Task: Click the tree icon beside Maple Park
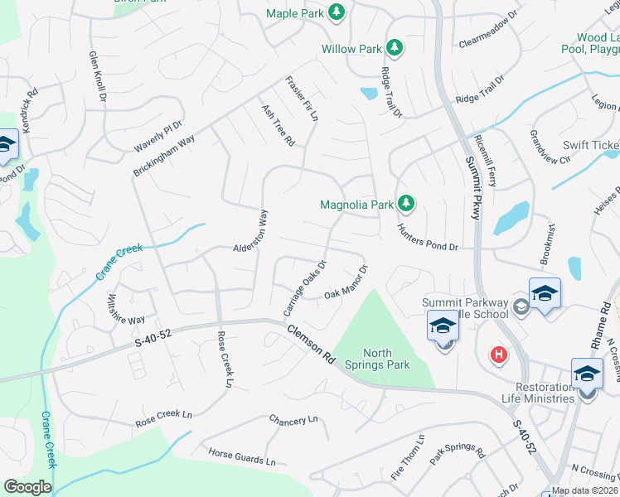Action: coord(336,12)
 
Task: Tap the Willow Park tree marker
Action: coord(395,48)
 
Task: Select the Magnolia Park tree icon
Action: coord(405,203)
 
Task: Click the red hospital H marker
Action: coord(498,355)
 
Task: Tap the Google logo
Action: coord(27,487)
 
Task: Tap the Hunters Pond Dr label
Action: coord(427,238)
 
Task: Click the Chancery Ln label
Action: coord(293,420)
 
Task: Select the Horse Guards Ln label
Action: coord(241,456)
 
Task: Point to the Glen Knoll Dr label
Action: coord(98,75)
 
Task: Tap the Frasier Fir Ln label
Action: coord(301,99)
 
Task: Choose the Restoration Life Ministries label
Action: coord(532,393)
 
